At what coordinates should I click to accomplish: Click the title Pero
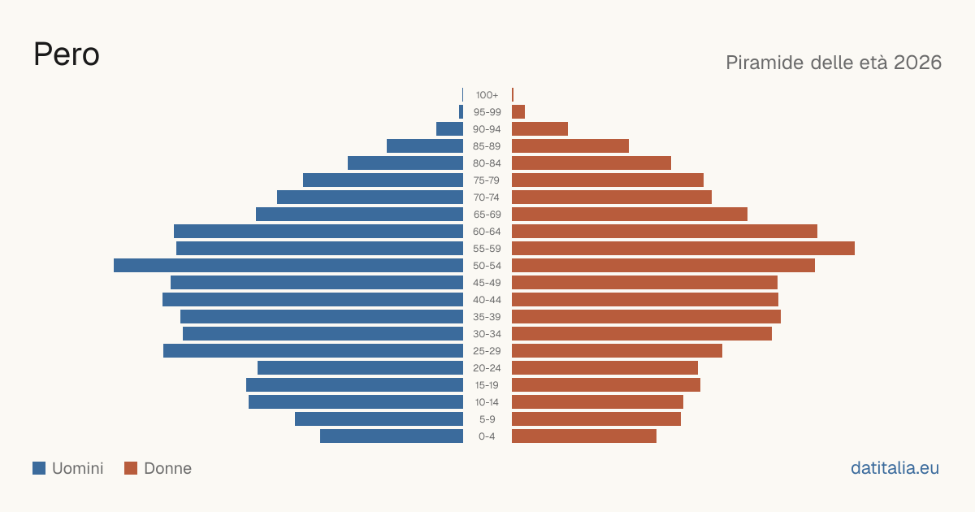point(67,54)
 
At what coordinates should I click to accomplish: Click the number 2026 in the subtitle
point(917,63)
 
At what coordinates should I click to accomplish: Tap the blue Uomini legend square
point(39,468)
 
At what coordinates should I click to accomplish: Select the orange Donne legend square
point(131,468)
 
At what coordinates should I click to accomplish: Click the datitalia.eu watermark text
point(895,468)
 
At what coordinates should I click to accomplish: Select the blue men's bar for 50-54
point(288,266)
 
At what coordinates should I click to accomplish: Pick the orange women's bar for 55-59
point(683,249)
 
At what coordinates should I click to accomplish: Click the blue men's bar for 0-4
point(392,436)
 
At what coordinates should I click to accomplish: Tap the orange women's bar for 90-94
point(539,129)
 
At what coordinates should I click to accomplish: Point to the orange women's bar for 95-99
point(518,112)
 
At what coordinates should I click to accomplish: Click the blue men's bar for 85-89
point(425,145)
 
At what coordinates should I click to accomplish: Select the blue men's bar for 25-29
point(313,351)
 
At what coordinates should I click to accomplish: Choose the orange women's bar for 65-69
point(630,215)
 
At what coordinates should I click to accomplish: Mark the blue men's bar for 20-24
point(361,368)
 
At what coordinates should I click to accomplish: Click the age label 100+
point(487,95)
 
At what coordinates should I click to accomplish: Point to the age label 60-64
point(487,232)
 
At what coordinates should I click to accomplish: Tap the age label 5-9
point(487,419)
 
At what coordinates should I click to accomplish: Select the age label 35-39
point(487,317)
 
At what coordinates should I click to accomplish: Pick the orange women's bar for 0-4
point(584,436)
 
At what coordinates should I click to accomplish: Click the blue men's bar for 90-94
point(449,129)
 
